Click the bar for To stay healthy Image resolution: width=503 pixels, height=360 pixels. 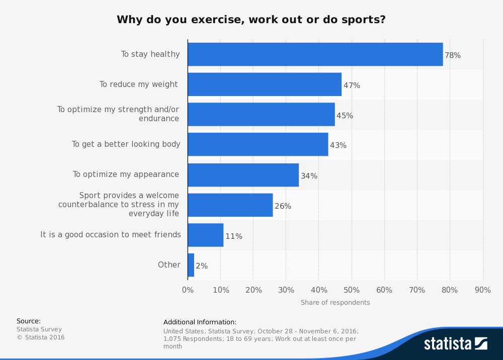point(315,54)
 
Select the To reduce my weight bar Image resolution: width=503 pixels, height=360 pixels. point(265,84)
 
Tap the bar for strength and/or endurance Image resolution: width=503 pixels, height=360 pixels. point(261,115)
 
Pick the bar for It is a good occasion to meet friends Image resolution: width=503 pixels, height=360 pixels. point(205,235)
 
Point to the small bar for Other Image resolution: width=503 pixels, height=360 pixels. point(191,265)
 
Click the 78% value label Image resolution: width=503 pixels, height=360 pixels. point(453,55)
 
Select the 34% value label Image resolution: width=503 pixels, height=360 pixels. point(309,176)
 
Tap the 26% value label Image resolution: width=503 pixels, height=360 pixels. point(283,206)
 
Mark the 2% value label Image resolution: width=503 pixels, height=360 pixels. point(202,266)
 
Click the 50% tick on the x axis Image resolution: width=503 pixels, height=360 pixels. point(352,290)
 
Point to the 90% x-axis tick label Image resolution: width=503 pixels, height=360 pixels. point(482,290)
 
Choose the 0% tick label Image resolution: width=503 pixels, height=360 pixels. point(188,290)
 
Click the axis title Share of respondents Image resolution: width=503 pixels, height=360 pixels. point(335,303)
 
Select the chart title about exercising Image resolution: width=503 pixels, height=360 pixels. point(251,20)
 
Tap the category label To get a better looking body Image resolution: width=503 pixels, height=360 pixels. point(126,144)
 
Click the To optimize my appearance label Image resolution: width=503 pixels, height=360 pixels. point(126,174)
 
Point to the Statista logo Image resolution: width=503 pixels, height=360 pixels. point(455,344)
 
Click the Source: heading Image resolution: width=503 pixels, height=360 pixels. point(29,321)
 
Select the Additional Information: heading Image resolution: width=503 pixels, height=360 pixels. point(200,322)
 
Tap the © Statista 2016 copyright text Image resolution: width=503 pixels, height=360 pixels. point(41,337)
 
